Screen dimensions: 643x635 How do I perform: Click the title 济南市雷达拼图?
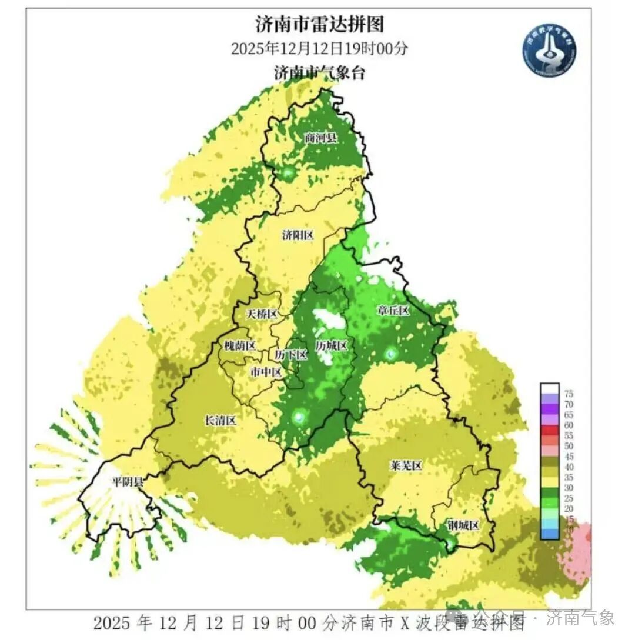click(x=319, y=24)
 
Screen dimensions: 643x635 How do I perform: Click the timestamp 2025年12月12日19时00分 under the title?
click(x=319, y=48)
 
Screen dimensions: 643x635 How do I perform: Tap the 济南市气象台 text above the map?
click(x=319, y=73)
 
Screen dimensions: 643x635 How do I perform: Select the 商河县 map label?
click(x=320, y=138)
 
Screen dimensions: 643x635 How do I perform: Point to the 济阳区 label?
click(x=298, y=235)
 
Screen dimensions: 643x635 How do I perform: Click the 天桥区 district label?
click(x=261, y=314)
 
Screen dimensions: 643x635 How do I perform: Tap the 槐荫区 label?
click(x=240, y=346)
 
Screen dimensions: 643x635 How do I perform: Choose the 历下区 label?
click(x=291, y=355)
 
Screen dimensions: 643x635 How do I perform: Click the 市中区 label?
click(x=266, y=372)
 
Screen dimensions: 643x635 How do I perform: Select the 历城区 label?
click(x=331, y=346)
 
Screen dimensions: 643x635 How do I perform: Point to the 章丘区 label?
click(x=392, y=311)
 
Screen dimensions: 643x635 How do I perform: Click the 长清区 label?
click(x=220, y=421)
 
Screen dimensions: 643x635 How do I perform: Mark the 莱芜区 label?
click(x=406, y=467)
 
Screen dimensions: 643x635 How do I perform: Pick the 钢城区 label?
click(x=463, y=525)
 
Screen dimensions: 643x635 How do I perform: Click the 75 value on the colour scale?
click(x=569, y=394)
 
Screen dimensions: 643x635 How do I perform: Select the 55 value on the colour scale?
click(x=569, y=436)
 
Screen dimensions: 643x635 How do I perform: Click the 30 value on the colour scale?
click(x=569, y=488)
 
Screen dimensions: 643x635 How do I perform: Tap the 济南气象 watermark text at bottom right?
click(x=580, y=618)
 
